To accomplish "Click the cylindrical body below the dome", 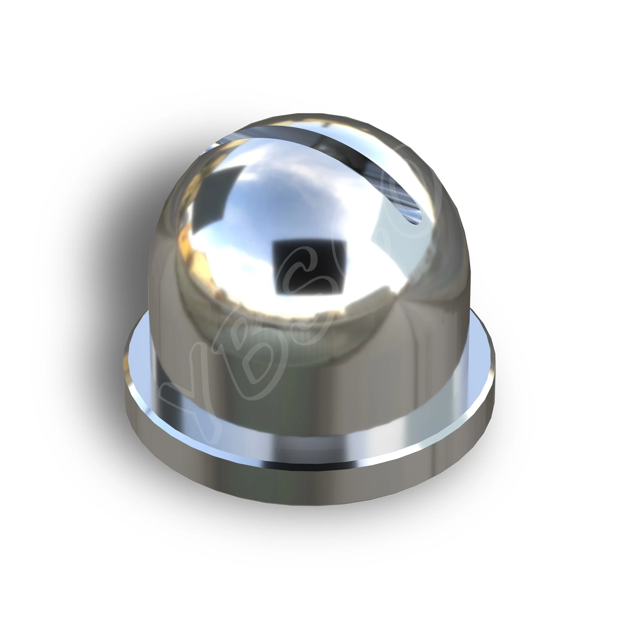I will (x=320, y=400).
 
